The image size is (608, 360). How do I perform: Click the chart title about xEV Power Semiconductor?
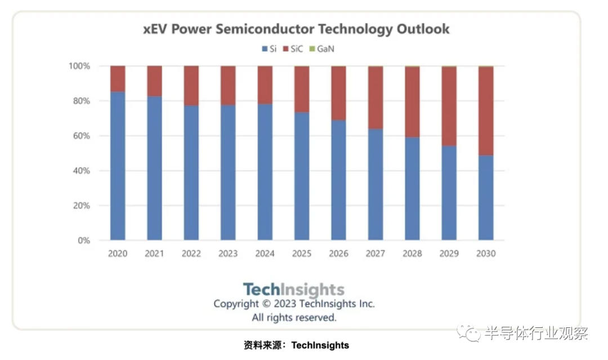(297, 29)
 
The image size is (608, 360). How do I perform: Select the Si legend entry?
(269, 49)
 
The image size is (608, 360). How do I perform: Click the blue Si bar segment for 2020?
(118, 166)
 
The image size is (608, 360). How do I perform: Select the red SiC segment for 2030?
(486, 111)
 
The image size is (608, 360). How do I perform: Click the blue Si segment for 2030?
(486, 198)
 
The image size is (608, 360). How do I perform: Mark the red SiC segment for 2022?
(191, 86)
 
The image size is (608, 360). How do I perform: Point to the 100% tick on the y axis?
(79, 66)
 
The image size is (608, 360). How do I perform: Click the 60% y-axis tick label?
(81, 136)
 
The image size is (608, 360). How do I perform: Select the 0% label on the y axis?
(83, 241)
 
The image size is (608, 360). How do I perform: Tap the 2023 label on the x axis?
(228, 254)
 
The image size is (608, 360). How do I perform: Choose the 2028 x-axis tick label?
(412, 254)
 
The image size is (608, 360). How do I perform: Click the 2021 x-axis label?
(154, 254)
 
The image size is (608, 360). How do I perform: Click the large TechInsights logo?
(293, 290)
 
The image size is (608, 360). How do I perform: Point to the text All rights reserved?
(294, 318)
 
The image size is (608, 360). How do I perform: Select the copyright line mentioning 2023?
(294, 304)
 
